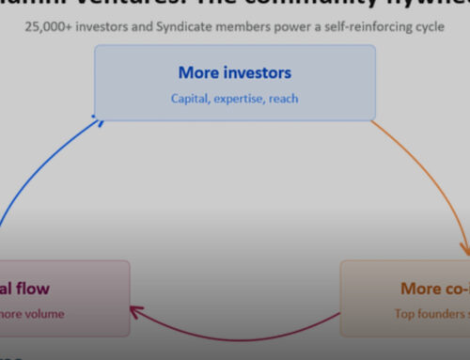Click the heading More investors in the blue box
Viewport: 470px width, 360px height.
coord(234,72)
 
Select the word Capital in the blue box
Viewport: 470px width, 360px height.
coord(192,97)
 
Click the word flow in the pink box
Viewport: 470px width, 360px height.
coord(37,289)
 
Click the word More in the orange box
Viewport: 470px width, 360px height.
coord(421,289)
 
